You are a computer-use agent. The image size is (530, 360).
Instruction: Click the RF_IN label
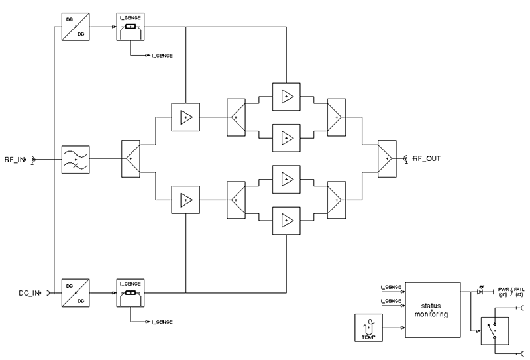click(14, 159)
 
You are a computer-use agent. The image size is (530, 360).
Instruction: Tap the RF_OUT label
click(427, 159)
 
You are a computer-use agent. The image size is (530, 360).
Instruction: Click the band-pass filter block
click(75, 159)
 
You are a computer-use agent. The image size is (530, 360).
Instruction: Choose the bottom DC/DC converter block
click(75, 292)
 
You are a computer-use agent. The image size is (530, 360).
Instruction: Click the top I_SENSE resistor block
click(131, 27)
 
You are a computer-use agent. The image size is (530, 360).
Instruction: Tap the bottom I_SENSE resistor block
click(131, 292)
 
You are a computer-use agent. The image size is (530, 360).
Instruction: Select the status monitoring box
click(432, 310)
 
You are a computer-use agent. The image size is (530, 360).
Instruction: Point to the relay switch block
click(495, 329)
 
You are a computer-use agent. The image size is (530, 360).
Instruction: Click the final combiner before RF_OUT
click(386, 159)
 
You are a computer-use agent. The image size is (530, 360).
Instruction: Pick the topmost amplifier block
click(286, 95)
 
